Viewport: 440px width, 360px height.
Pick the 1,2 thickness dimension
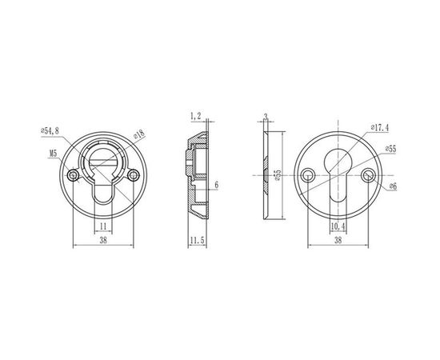pos(194,117)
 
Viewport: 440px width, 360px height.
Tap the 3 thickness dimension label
pos(265,117)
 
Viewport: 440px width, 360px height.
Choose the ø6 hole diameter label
pos(392,186)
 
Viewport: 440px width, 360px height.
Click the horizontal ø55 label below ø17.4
pos(390,148)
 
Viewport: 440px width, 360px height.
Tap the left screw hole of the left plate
pos(74,174)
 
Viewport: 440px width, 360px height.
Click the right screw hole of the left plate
pos(132,174)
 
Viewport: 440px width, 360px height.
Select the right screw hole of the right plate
pos(369,174)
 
